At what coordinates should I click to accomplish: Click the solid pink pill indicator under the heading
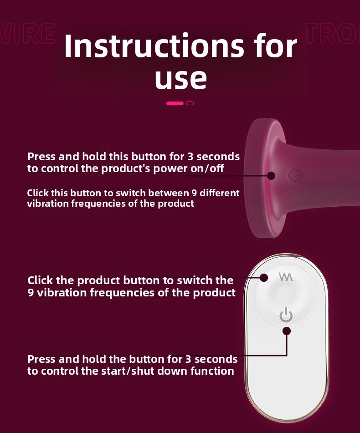click(x=175, y=103)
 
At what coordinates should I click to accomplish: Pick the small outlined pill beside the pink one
click(x=190, y=103)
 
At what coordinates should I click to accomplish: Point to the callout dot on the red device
click(x=272, y=175)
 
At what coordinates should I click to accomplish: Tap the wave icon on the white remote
click(x=286, y=277)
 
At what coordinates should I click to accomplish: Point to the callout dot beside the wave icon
click(x=264, y=277)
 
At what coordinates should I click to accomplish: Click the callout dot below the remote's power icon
click(x=286, y=331)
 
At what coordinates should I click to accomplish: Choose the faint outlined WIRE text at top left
click(x=27, y=35)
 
